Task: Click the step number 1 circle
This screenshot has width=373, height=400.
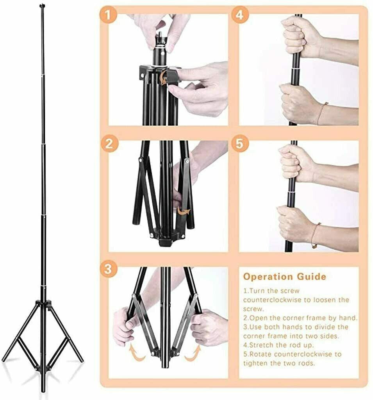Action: coord(109,15)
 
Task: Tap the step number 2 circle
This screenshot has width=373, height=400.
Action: coord(109,143)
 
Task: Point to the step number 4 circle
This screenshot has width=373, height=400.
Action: coord(239,15)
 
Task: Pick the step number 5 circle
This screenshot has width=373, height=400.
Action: coord(239,143)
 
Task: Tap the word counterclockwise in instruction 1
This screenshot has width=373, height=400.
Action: coord(272,300)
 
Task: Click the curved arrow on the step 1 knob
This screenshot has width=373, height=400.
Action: coord(162,78)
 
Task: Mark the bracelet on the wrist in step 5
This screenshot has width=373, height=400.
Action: coord(315,235)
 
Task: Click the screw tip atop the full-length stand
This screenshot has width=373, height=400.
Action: coord(42,5)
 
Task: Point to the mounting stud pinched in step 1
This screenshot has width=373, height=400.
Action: coord(161,34)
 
